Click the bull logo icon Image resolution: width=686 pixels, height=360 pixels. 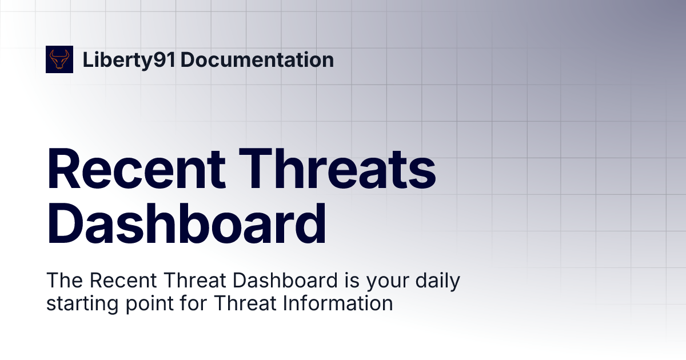(x=59, y=59)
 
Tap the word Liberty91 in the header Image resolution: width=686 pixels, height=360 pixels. (x=129, y=59)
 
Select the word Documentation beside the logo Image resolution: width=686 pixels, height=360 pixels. (x=257, y=59)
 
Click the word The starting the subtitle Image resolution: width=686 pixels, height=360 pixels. (x=64, y=281)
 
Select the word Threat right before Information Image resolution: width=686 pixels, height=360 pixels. (x=247, y=303)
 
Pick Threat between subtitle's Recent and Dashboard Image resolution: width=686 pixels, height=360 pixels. (x=188, y=281)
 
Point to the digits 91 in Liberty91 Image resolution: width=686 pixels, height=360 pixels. (x=166, y=59)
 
